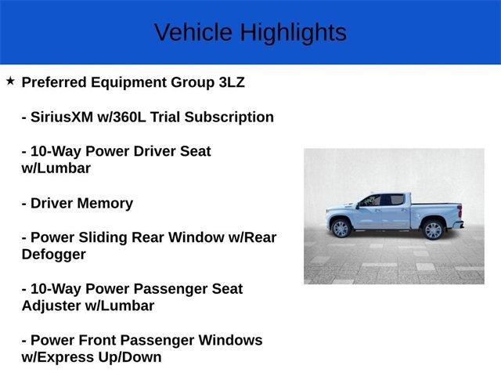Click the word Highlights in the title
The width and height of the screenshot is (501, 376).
point(293,32)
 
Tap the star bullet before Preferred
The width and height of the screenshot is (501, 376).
point(10,81)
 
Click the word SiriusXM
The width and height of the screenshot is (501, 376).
point(66,117)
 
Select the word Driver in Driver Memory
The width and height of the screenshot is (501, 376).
point(53,203)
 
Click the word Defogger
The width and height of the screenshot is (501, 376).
point(54,255)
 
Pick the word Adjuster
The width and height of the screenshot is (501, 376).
point(55,305)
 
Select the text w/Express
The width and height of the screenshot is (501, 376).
point(59,357)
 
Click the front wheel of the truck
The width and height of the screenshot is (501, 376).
point(341,229)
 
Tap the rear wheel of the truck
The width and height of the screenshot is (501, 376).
point(432,230)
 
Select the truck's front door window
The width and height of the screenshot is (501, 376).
point(373,201)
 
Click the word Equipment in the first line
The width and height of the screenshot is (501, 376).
point(129,82)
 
